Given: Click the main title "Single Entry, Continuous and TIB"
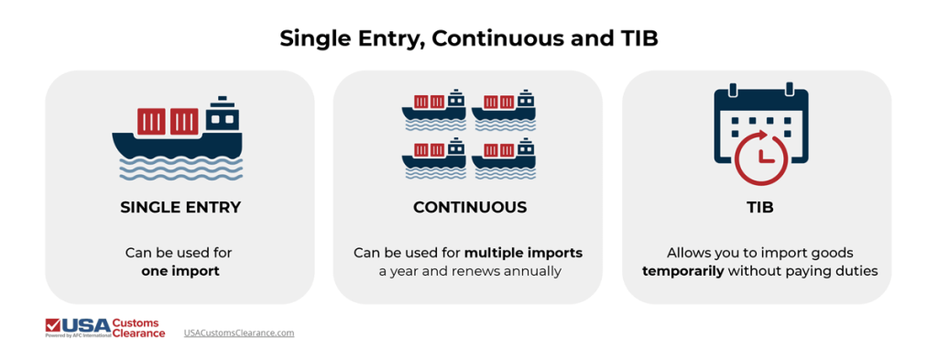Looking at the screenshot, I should point(469,39).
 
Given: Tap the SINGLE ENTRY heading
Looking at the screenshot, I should point(180,207).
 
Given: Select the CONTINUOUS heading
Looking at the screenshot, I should point(469,207).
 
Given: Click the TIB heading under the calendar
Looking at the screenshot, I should point(759,207).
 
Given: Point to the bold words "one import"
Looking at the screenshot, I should point(180,271).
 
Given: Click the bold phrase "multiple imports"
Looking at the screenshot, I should point(523,252).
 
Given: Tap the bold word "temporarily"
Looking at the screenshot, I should point(683,271).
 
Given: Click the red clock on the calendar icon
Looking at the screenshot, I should point(761,158).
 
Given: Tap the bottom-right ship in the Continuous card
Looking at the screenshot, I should point(504,157).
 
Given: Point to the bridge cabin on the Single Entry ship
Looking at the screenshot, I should point(221,115).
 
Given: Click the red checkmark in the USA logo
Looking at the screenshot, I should point(54,324).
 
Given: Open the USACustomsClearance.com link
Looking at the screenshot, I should point(239,333).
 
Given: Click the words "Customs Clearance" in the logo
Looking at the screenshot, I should point(138,328).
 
